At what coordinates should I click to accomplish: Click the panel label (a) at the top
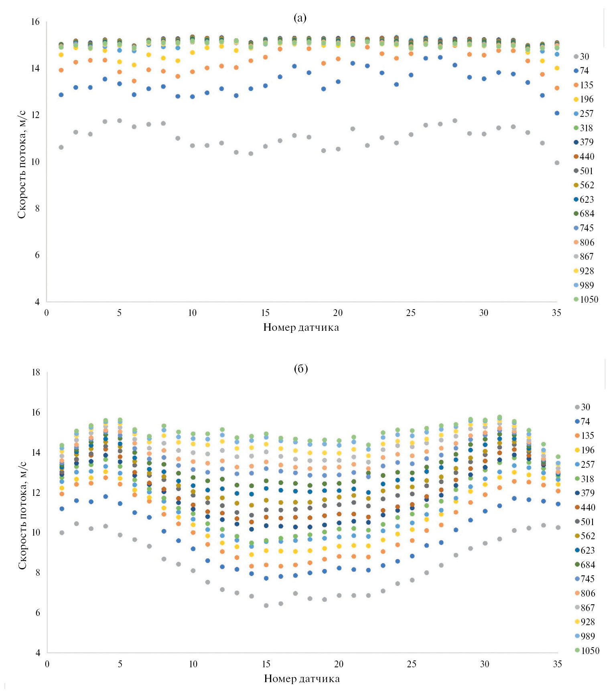click(300, 18)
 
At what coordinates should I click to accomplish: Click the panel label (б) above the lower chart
click(301, 369)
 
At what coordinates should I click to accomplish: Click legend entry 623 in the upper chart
click(587, 200)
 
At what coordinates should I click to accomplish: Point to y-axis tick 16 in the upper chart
click(35, 22)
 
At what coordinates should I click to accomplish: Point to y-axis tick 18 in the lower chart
click(36, 373)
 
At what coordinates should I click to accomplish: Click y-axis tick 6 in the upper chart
click(37, 255)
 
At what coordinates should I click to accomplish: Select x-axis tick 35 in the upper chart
click(556, 313)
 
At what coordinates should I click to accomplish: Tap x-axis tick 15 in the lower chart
click(266, 664)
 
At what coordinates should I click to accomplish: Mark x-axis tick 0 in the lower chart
click(47, 664)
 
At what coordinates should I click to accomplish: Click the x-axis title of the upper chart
click(301, 328)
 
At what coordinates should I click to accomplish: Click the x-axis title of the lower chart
click(302, 679)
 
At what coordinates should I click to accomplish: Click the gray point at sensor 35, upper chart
click(557, 163)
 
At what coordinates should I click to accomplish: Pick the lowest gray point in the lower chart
click(266, 605)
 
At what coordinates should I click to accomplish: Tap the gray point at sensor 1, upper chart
click(61, 147)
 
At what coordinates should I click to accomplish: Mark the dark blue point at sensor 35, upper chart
click(557, 113)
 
